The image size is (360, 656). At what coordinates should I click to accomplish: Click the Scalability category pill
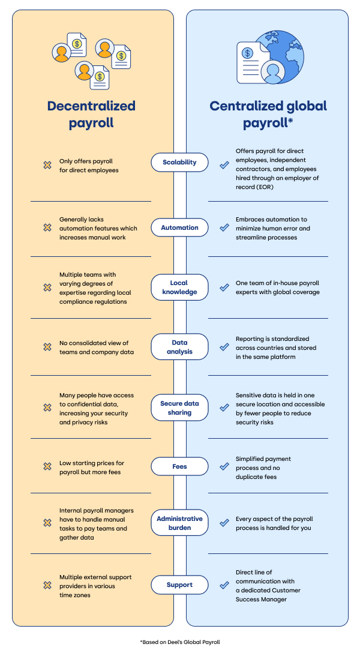coord(179,162)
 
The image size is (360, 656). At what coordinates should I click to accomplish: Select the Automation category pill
coord(179,227)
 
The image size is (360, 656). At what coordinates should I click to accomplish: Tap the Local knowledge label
coord(179,287)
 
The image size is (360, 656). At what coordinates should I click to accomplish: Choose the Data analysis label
coord(179,347)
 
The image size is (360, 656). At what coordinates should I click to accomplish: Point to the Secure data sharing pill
coord(179,408)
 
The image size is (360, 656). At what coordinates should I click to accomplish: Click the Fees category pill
coord(179,466)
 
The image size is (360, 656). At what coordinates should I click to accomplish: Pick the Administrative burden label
coord(179,523)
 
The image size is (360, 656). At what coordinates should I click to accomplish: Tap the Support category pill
coord(179,585)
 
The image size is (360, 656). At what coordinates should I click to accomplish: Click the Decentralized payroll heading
coord(91,115)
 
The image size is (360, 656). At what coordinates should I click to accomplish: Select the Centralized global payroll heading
coord(268,115)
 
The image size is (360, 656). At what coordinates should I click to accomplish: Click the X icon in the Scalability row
coord(47,165)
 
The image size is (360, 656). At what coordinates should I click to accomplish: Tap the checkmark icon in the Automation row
coord(224,228)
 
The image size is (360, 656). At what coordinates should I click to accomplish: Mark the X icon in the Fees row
coord(47,466)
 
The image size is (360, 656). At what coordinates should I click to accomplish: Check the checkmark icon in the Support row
coord(224,585)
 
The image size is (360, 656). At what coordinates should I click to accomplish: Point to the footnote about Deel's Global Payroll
coord(180,642)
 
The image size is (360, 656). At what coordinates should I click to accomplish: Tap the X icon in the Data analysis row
coord(47,347)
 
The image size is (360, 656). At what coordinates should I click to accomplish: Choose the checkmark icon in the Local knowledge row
coord(224,287)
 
